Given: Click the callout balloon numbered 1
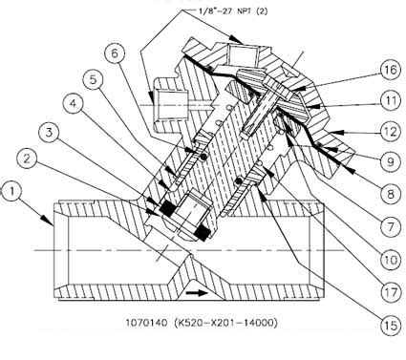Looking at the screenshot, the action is [x=11, y=191].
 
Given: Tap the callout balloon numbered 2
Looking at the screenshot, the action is [x=27, y=159].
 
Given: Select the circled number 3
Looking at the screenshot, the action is [x=49, y=132].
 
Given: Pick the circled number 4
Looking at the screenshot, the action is [x=74, y=104].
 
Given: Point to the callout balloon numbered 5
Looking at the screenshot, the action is [x=93, y=79].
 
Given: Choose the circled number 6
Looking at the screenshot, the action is [x=115, y=53].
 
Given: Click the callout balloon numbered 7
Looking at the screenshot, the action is [x=391, y=226].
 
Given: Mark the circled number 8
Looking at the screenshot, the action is [x=391, y=194].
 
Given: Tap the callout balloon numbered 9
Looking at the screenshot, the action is [x=391, y=161].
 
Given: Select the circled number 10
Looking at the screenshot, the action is [x=391, y=260].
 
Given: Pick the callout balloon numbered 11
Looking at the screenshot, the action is [x=391, y=100].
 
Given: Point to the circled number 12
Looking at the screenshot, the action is [x=391, y=132].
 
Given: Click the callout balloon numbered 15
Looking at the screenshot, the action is [x=391, y=326].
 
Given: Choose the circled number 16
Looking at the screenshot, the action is [x=391, y=70].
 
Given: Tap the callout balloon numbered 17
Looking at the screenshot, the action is [x=391, y=292].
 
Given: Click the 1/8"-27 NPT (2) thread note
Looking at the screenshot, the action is [x=233, y=11].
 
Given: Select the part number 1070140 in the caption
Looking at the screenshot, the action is [x=146, y=323].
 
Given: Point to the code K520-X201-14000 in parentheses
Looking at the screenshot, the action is [x=225, y=323].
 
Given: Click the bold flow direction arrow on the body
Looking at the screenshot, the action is [x=197, y=292].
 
